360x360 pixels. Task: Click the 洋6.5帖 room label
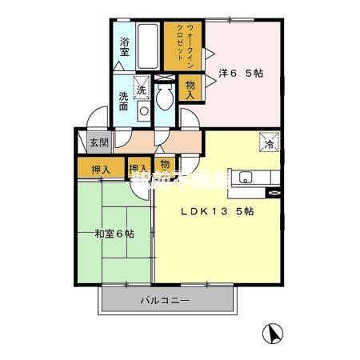click(x=241, y=73)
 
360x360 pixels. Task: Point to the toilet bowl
click(x=163, y=98)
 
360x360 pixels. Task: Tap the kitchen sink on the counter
click(x=245, y=178)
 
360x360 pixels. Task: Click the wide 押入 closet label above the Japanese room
click(x=101, y=170)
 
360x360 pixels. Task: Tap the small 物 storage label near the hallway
click(x=163, y=164)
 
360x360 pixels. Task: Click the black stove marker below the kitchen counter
click(x=275, y=193)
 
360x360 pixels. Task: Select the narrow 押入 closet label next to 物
click(x=139, y=170)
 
